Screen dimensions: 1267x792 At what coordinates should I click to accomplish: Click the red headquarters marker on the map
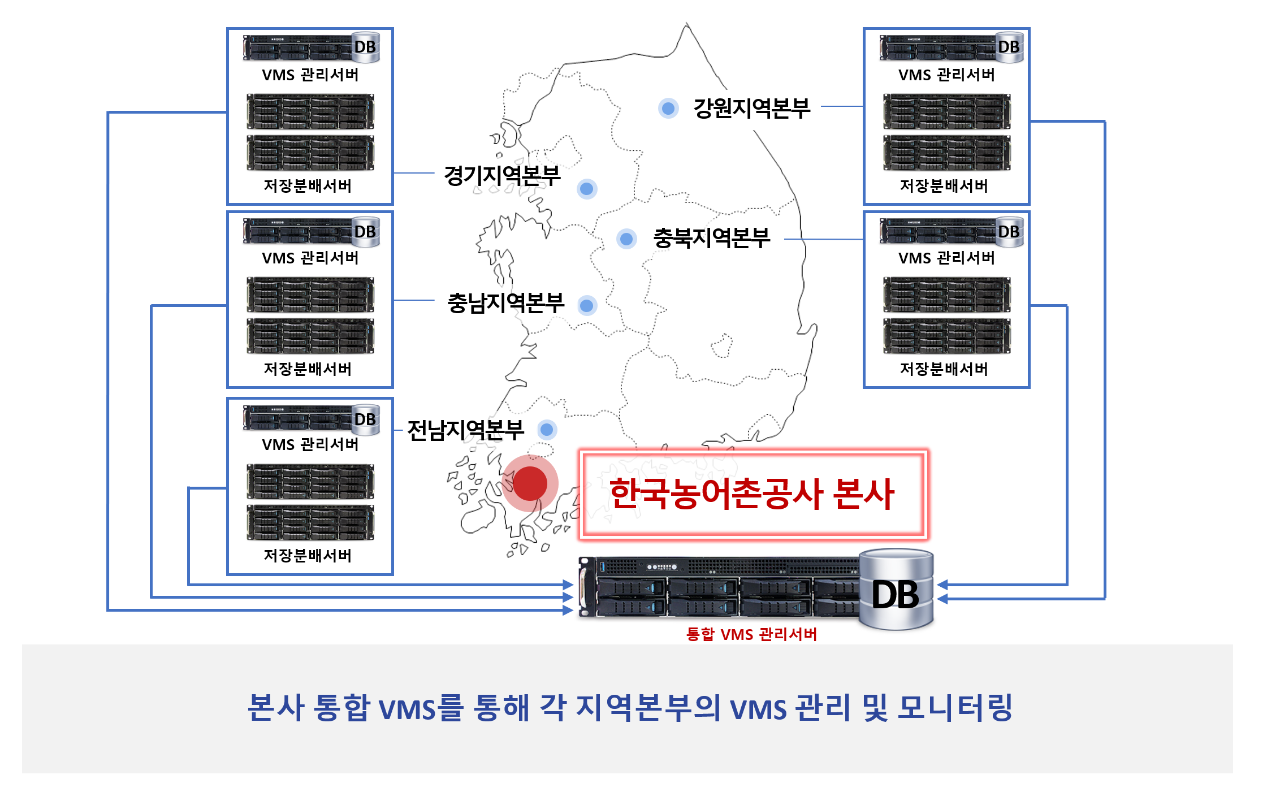530,483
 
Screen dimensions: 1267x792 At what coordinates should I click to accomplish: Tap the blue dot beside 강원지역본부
668,108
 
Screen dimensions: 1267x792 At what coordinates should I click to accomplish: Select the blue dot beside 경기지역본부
587,189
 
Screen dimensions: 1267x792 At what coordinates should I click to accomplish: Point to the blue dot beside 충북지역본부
626,239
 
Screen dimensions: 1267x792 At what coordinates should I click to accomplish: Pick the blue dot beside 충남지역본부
587,306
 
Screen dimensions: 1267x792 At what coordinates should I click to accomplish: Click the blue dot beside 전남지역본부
547,430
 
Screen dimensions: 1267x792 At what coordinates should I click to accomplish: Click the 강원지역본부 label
751,108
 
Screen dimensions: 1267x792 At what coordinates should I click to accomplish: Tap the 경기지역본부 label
502,175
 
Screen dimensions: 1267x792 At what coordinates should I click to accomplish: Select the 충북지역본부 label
711,238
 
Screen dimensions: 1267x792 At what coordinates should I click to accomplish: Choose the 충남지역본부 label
505,303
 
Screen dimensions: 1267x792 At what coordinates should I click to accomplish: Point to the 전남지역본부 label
465,430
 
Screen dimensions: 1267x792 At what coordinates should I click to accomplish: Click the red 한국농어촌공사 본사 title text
751,494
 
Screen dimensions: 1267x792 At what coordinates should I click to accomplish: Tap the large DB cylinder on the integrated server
896,591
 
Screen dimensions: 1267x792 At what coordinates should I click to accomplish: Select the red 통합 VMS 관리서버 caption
751,634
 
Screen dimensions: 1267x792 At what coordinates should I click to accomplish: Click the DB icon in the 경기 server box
365,47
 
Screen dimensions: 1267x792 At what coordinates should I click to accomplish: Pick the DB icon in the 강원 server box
1009,47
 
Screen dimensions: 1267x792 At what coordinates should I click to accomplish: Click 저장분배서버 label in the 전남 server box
308,555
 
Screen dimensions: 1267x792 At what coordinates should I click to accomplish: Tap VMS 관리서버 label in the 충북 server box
946,258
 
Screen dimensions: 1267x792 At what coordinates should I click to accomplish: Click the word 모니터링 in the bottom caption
955,707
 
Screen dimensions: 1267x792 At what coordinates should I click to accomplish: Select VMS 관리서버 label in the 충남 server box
310,258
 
